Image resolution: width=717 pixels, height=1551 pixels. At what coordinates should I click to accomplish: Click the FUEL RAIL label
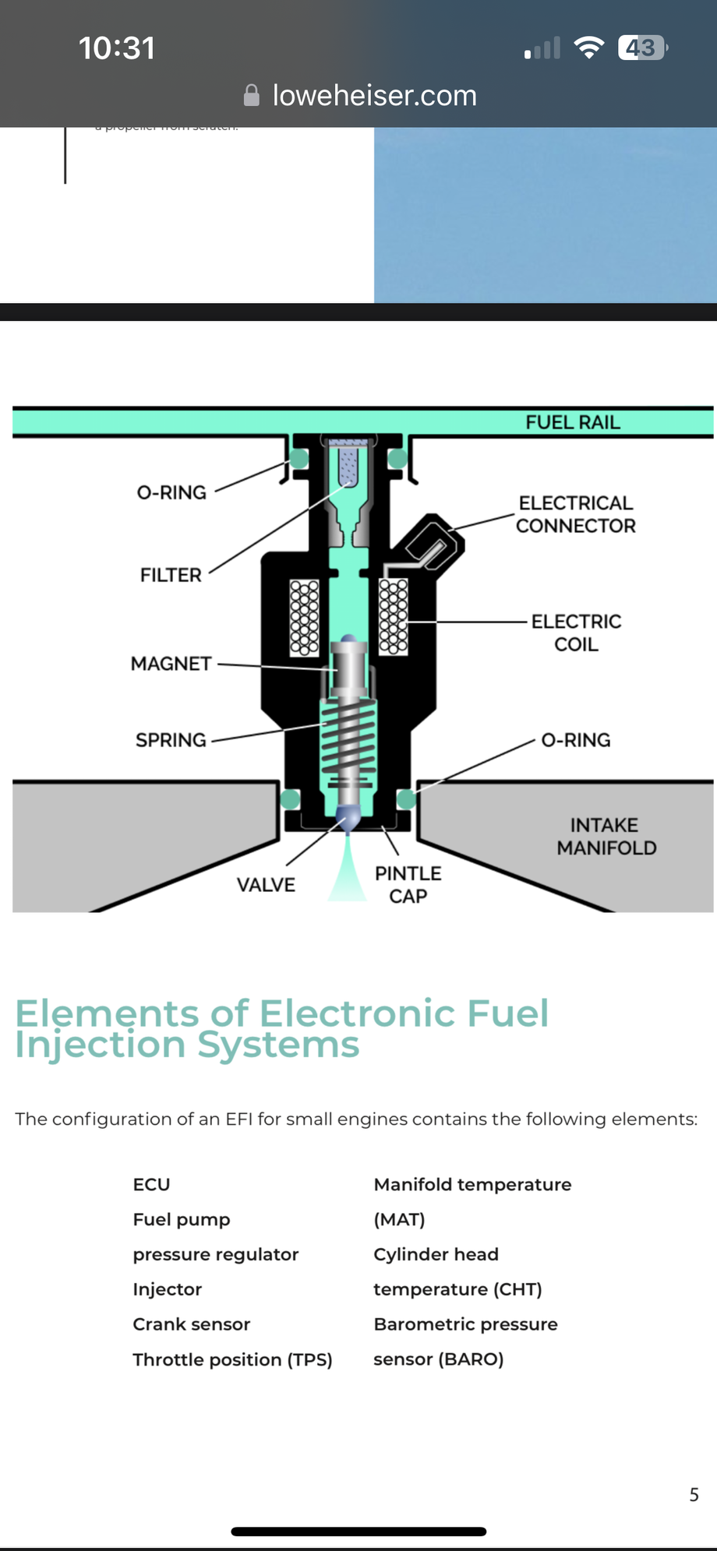572,422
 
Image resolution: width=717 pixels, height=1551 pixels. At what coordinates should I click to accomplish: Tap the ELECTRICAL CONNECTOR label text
575,514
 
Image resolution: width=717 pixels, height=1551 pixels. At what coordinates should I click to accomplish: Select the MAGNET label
171,664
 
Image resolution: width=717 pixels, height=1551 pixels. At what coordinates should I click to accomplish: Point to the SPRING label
171,740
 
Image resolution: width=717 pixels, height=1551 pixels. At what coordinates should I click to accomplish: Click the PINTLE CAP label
408,885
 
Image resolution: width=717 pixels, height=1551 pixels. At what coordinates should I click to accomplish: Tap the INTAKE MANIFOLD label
606,837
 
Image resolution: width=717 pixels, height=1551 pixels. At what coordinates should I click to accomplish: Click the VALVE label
266,885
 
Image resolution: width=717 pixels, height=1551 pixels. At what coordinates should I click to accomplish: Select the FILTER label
171,575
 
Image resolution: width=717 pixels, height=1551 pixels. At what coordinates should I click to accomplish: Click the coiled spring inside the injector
348,736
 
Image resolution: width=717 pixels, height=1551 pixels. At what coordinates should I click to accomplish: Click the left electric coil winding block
304,617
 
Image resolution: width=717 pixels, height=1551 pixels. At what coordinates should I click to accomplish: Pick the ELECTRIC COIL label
576,633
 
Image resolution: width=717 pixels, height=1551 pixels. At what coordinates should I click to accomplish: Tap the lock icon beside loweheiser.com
251,95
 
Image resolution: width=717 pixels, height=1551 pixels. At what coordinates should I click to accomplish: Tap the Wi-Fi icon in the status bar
588,48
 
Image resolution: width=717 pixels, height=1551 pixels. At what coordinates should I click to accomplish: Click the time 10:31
117,48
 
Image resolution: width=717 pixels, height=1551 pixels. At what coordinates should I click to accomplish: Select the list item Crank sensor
191,1324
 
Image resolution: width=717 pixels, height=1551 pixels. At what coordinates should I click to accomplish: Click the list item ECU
151,1184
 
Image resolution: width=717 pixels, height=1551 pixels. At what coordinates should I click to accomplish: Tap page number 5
694,1494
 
